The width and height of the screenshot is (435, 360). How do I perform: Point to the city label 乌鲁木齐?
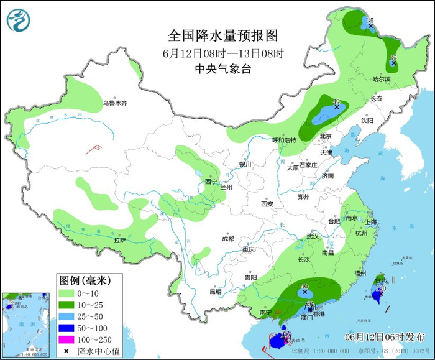coord(114,103)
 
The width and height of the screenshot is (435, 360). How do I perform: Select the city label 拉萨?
coord(120,239)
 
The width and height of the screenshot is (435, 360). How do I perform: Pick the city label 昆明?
coord(215,291)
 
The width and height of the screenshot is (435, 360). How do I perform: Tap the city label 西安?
coord(267,203)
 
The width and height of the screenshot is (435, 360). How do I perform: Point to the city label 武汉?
coord(312,236)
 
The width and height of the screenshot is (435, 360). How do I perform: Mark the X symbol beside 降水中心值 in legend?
coord(65,351)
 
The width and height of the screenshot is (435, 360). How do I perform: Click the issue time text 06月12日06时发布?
coord(385,336)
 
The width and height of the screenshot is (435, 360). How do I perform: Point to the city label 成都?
coord(227,239)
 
